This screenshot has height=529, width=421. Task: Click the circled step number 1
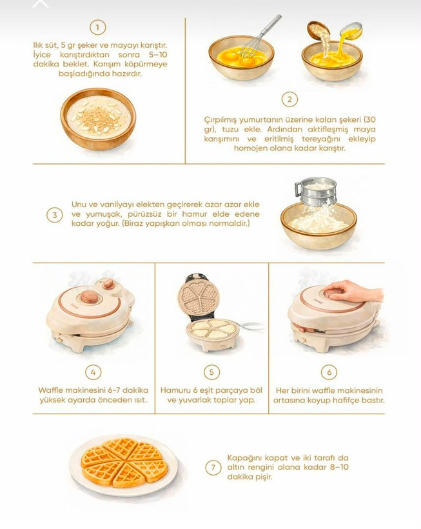point(98,27)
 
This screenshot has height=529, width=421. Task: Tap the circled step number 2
point(289,99)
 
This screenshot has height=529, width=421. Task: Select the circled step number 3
point(55,215)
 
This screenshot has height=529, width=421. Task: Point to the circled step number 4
point(93,372)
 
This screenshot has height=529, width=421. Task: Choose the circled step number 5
point(211,372)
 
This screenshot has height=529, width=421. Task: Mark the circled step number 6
point(329,372)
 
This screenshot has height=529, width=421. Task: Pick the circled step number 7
point(213,468)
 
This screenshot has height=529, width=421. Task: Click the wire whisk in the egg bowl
point(260,36)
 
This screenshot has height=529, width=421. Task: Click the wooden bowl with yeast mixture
point(98,119)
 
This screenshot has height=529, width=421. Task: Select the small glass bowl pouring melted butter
point(351,30)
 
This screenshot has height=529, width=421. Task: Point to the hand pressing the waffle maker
point(354,292)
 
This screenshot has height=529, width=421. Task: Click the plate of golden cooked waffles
point(123,466)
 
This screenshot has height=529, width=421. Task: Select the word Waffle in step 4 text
point(50,390)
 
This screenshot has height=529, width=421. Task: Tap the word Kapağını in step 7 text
point(244,458)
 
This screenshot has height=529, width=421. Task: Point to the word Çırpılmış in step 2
point(220,120)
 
